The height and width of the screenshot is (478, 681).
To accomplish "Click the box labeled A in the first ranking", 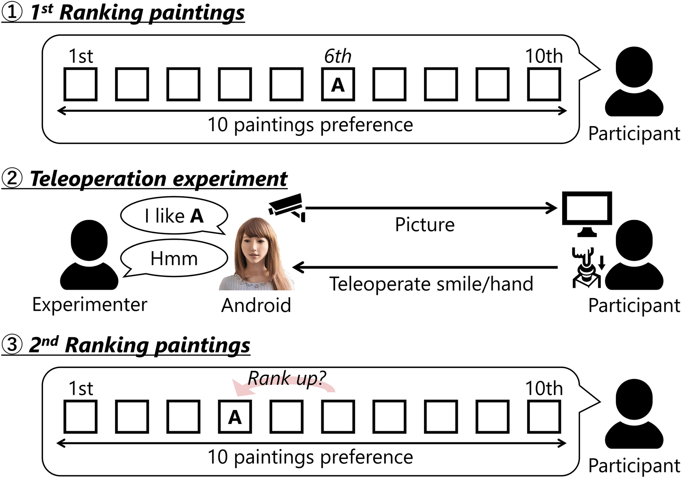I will (337, 84).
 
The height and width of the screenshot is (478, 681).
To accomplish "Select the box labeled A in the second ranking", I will (235, 417).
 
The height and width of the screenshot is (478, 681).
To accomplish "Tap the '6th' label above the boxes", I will (337, 56).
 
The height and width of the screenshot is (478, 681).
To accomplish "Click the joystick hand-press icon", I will (585, 267).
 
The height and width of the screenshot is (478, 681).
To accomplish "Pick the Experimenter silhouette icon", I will (89, 255).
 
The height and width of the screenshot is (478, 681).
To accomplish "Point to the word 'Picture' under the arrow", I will (424, 225).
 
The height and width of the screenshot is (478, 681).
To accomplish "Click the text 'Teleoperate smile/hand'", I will (431, 284).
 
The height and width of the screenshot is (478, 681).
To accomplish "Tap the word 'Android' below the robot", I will (256, 306).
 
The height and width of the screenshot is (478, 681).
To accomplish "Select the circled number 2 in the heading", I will (12, 178).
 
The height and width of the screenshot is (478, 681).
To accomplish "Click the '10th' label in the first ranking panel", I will (544, 56).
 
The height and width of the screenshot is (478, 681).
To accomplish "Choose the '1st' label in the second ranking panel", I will (81, 389).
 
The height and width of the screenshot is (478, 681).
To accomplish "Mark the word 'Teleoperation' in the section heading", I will (98, 179).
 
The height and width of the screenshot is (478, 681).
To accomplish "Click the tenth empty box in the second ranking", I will (544, 417).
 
